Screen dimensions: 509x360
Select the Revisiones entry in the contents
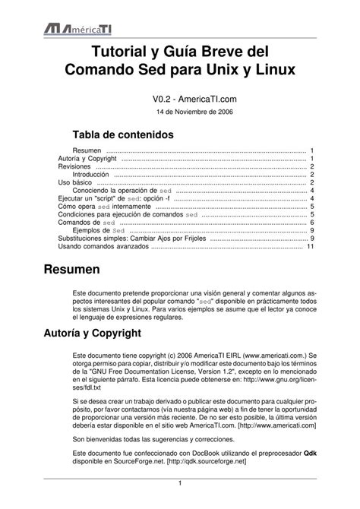(74, 166)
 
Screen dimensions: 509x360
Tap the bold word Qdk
(310, 452)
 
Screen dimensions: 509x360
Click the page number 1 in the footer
(179, 484)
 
